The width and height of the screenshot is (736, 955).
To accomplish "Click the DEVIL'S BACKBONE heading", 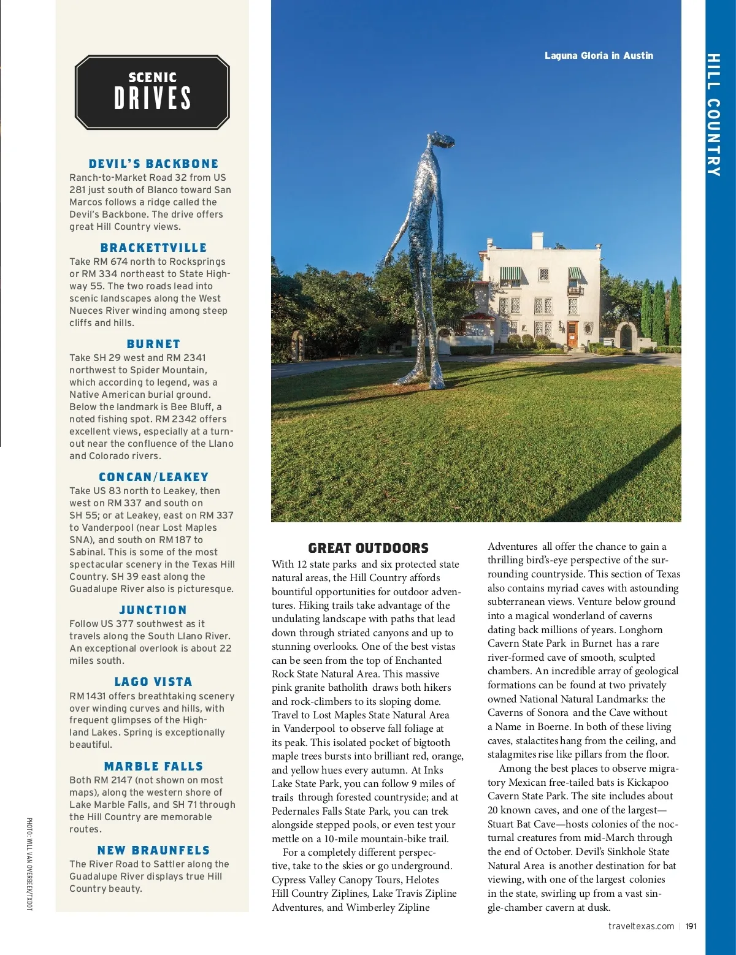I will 153,164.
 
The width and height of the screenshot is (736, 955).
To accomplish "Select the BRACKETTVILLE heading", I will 153,248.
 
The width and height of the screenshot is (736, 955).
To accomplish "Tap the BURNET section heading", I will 153,344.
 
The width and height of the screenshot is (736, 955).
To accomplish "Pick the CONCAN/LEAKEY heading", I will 153,477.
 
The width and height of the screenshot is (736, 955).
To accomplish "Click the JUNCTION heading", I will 153,610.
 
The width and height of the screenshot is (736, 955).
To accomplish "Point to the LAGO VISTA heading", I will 153,682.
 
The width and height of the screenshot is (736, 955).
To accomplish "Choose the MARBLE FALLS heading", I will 153,766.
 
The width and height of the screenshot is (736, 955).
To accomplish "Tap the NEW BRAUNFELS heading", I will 153,850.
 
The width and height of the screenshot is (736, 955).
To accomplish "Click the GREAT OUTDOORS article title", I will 368,548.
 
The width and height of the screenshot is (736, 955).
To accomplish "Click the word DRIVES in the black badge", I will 153,98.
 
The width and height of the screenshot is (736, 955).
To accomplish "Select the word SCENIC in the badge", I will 153,77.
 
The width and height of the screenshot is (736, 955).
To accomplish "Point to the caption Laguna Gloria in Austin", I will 599,56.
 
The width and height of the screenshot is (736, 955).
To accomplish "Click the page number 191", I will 691,926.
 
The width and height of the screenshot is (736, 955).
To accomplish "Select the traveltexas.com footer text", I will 641,926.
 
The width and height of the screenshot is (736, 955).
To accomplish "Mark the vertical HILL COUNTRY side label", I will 713,115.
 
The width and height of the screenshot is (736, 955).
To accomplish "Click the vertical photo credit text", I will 29,864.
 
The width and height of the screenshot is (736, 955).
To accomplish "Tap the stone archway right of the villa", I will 626,335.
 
